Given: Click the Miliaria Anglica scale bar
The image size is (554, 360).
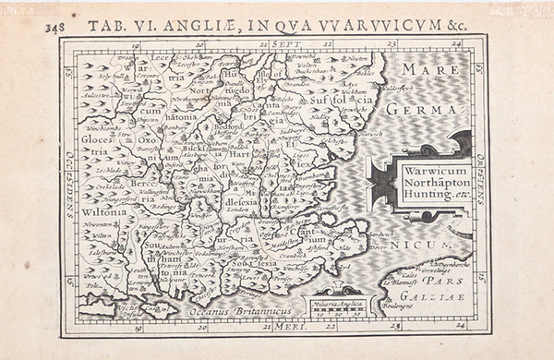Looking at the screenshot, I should click(340, 307).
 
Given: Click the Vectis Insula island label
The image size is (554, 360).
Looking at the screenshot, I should click(128, 308).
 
